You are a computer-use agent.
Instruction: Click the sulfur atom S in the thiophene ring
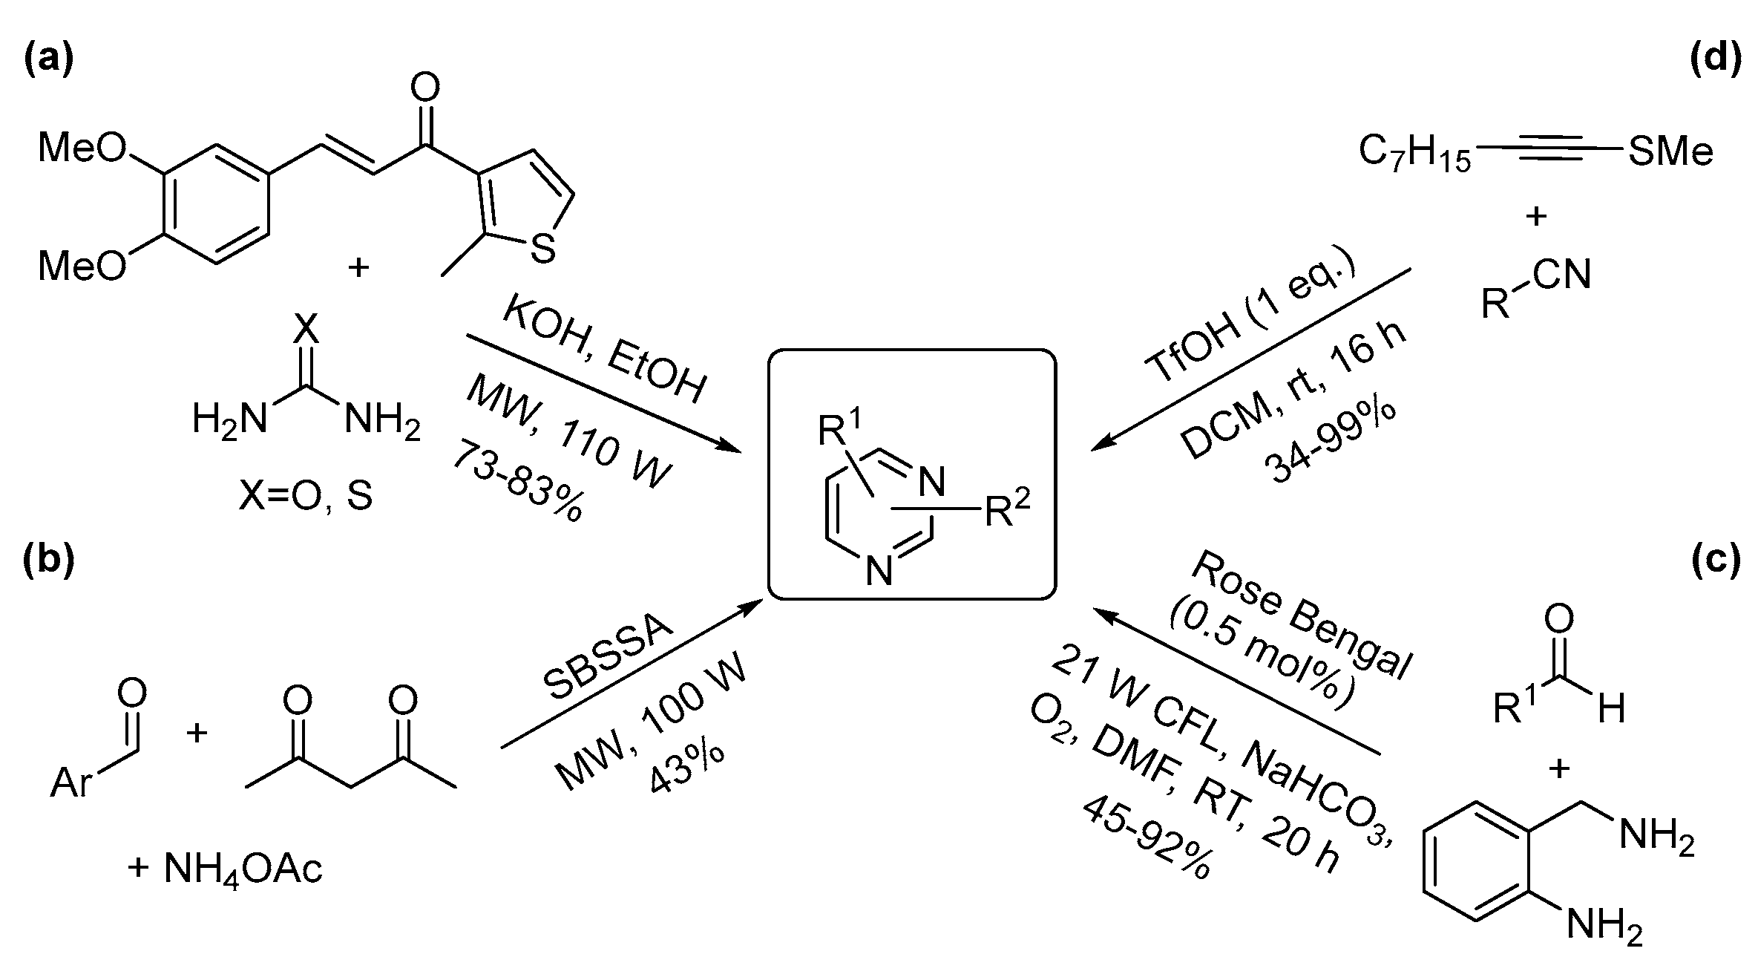(x=543, y=250)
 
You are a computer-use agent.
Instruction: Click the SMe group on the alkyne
(x=1670, y=152)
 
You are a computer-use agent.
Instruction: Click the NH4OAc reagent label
(x=226, y=869)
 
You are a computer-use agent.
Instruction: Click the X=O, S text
(x=305, y=496)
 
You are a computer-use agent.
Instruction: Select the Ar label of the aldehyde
(x=72, y=783)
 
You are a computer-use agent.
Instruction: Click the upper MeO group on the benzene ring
(x=82, y=148)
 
